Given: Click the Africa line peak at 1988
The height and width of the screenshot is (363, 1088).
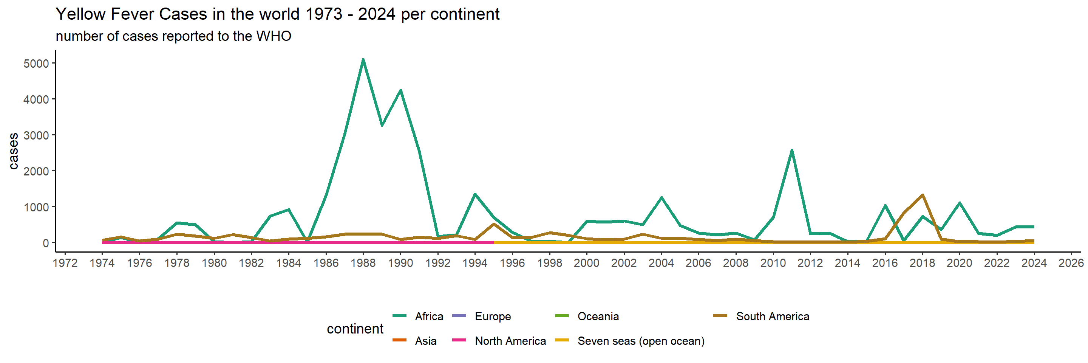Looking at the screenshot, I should pos(363,60).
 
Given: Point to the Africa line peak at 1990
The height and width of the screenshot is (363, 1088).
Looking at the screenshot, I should pos(400,90).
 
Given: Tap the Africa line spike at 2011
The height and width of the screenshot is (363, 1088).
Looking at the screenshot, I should pos(791,150).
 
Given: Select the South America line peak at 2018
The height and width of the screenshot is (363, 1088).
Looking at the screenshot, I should pos(922,195).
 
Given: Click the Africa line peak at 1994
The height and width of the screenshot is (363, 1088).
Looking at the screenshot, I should pos(475,194).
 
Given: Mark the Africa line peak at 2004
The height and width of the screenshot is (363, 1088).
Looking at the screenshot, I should pos(661,197).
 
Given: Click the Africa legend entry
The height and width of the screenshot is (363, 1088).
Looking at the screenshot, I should pos(418,316).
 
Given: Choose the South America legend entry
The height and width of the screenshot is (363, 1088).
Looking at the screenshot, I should pos(761,316).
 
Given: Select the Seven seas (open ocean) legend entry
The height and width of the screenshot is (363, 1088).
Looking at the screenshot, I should pos(629,341).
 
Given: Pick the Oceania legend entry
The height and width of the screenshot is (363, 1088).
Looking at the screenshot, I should pos(587,316).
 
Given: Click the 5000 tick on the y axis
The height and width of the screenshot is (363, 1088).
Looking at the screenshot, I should pos(36,64).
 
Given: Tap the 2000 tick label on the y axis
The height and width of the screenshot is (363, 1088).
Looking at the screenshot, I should pos(36,171).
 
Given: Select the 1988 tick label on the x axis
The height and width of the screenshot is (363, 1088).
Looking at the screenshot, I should pos(363,263).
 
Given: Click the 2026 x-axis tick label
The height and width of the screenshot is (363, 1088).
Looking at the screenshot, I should pos(1071,263).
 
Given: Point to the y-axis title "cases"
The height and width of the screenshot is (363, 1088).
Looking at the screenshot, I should pos(14,151).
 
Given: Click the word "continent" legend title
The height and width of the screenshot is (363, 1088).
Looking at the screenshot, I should pos(355,328).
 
